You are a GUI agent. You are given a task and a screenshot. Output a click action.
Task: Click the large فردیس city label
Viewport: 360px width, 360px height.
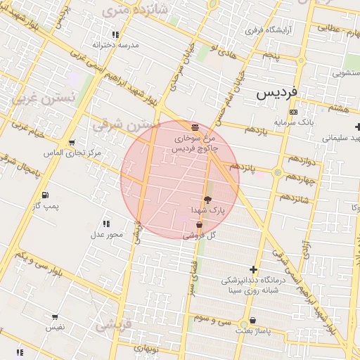278,92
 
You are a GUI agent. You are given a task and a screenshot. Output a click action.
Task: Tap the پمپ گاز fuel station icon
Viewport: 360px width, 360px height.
46,195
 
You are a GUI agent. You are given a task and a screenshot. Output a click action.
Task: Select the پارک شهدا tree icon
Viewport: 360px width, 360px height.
207,200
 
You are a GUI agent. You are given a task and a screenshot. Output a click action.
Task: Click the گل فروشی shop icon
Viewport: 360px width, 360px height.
200,225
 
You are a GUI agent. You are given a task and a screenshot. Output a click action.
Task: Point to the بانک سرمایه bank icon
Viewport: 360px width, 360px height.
293,112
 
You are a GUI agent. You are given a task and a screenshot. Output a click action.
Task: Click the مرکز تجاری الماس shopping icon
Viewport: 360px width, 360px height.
72,143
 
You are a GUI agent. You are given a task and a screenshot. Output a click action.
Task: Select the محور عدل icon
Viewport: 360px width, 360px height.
106,224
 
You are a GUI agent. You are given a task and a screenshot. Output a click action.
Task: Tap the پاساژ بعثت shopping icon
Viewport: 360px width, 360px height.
253,320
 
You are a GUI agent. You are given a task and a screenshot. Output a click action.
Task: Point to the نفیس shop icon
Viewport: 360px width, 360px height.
56,318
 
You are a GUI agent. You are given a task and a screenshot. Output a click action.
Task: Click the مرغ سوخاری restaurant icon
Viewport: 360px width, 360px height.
194,125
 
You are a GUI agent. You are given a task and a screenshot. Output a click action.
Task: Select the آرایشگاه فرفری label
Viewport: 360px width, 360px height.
264,31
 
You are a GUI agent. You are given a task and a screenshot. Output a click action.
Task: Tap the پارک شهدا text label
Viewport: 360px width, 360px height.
207,210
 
